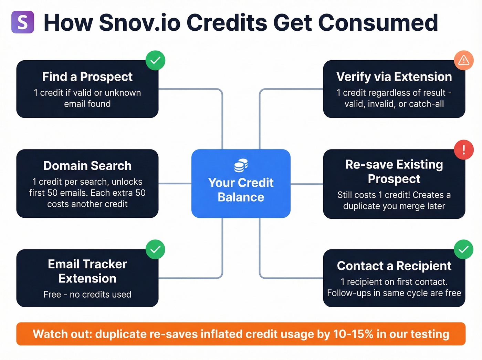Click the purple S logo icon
(23, 22)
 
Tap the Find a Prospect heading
(87, 77)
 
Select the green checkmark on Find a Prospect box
(155, 60)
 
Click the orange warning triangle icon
(463, 60)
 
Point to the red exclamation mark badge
(463, 150)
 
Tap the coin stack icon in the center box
(241, 165)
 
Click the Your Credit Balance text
(241, 190)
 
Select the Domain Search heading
(87, 166)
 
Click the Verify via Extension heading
(394, 77)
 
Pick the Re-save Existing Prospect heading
(394, 172)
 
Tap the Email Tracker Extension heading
(87, 271)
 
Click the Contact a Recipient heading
(394, 266)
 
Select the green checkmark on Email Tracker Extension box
(155, 249)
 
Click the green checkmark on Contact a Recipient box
(463, 249)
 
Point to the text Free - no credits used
(87, 295)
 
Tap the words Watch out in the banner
(62, 334)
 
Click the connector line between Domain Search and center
(175, 184)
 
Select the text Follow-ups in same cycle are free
(394, 293)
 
